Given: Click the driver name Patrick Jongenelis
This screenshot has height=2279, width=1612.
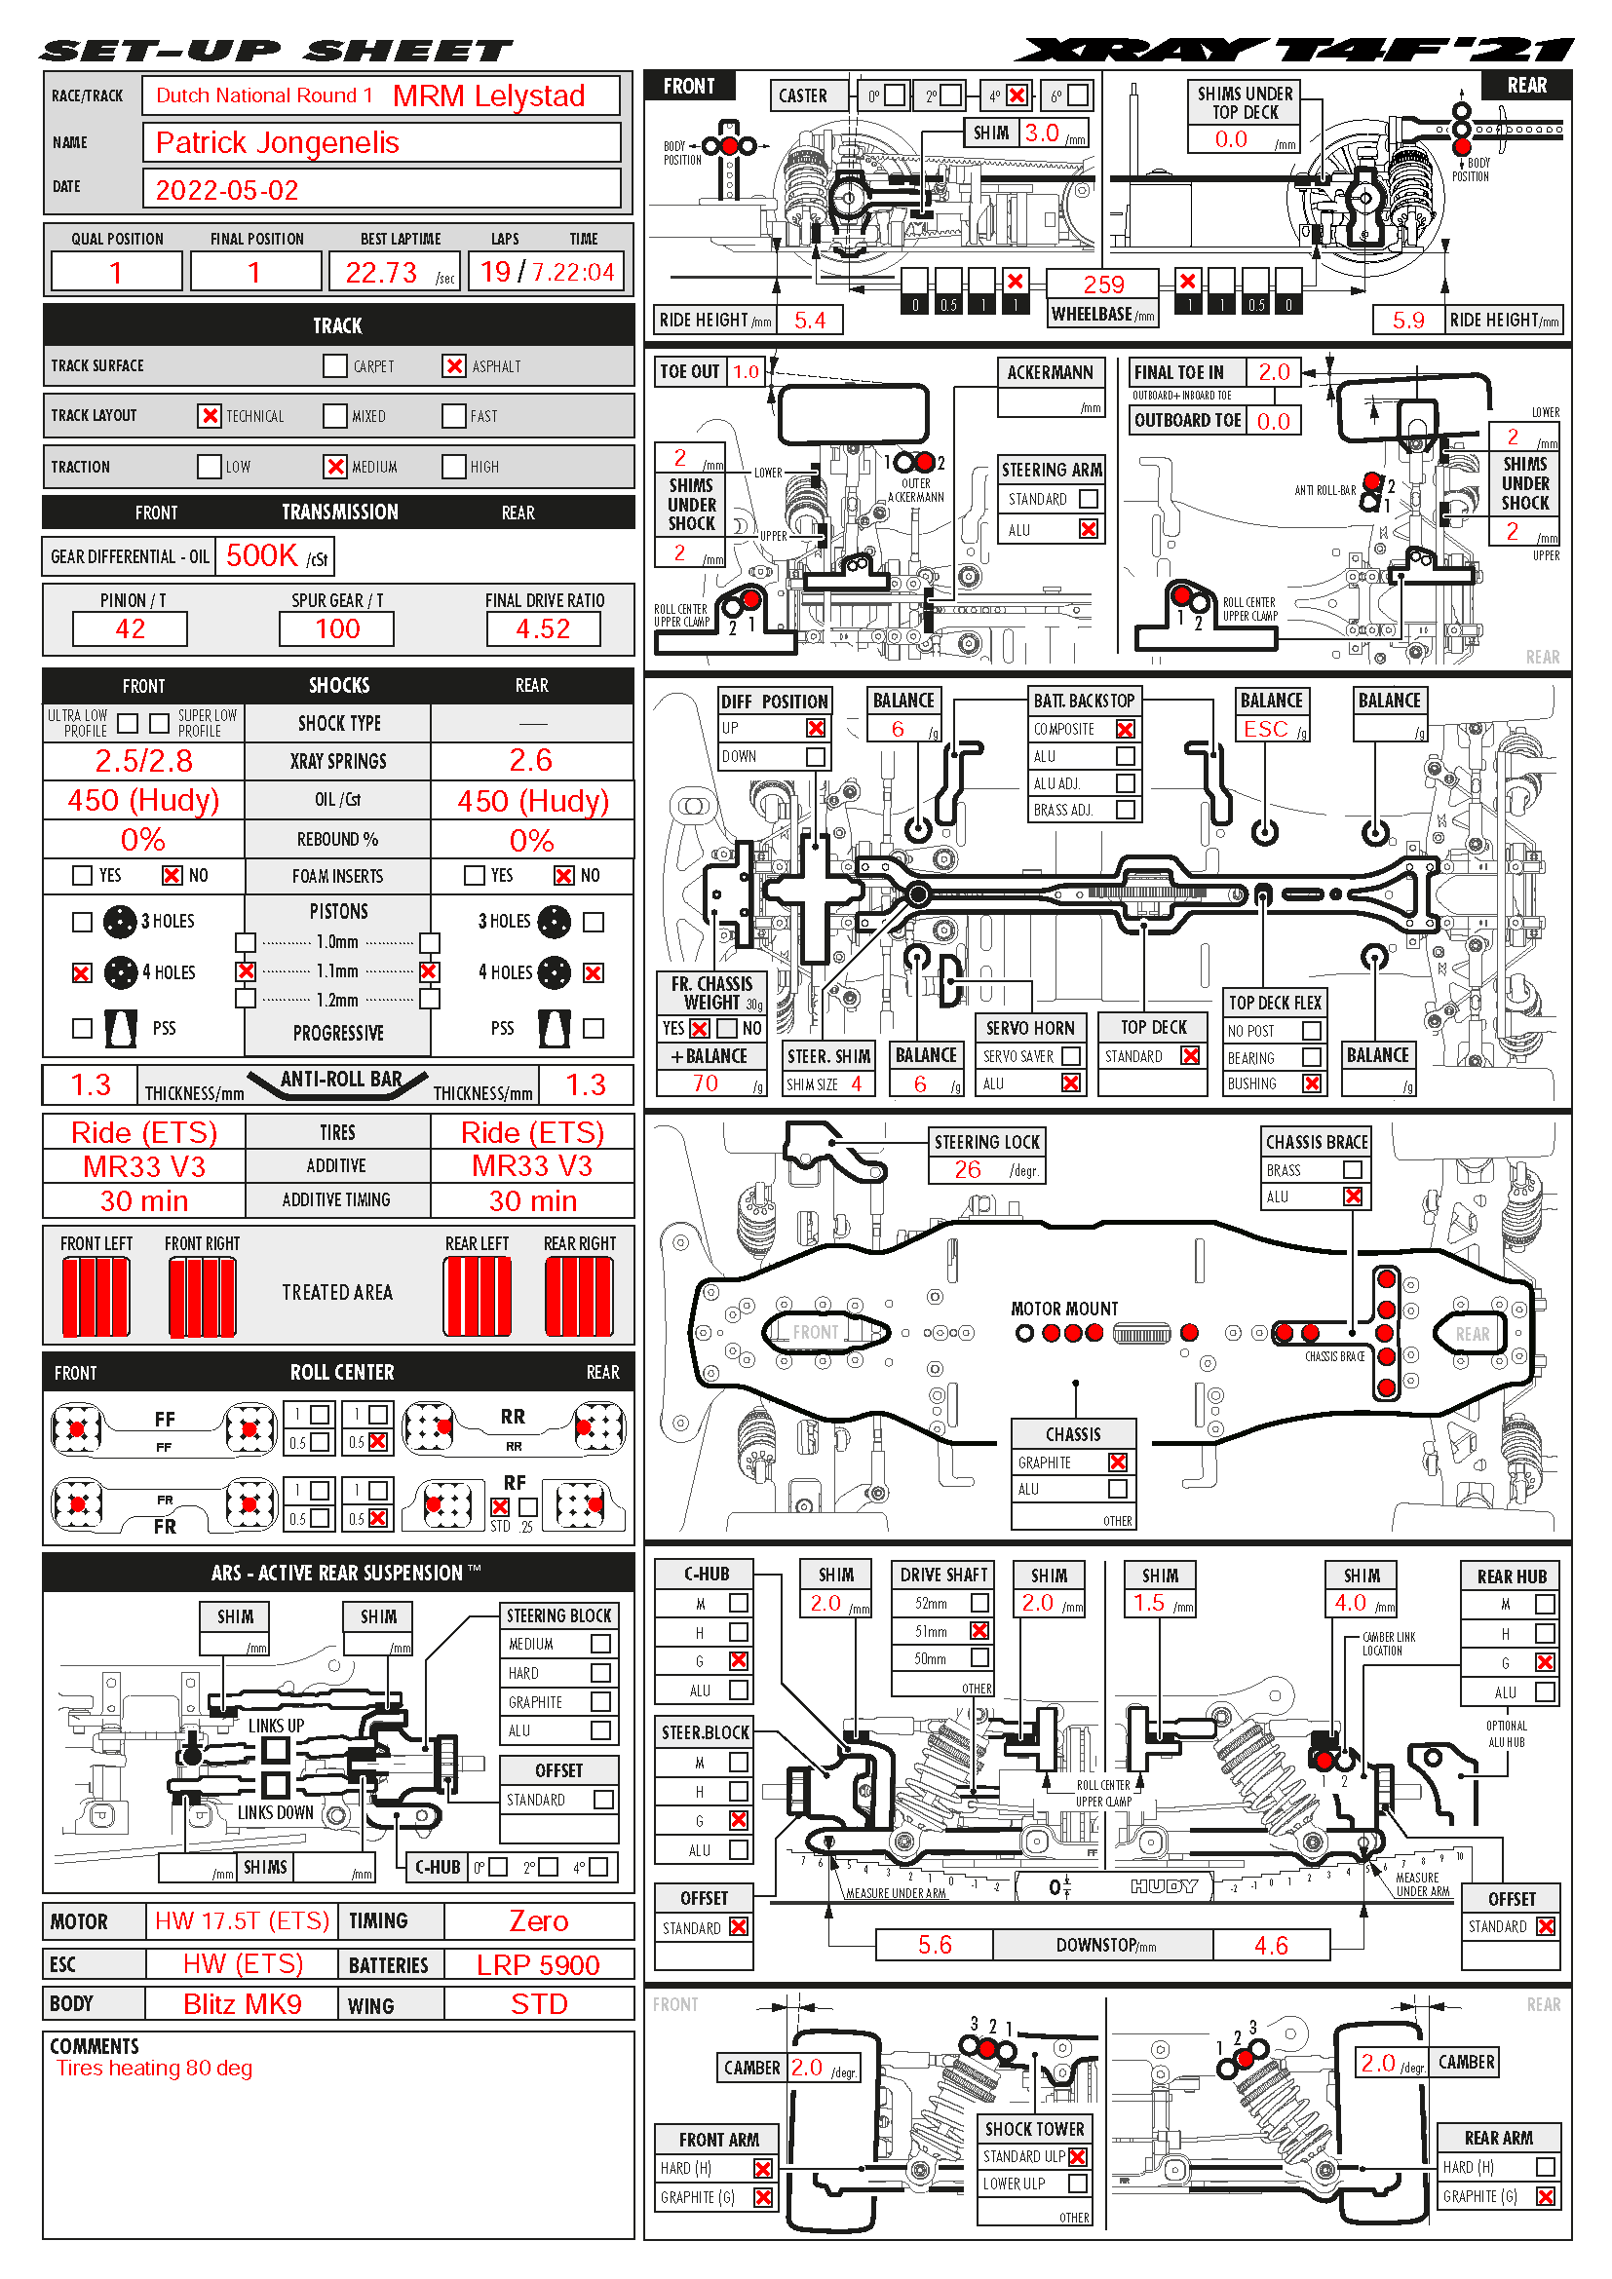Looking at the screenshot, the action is (x=277, y=143).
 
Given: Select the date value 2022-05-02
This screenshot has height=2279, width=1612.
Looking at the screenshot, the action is (x=226, y=190).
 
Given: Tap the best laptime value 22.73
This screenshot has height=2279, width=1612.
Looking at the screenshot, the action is (x=381, y=272).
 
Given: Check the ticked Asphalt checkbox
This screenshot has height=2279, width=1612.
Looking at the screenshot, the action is (x=453, y=365).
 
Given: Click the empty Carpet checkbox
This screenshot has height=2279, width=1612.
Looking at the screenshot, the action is (x=334, y=365).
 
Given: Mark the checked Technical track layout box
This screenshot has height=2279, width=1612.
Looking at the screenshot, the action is (x=210, y=415).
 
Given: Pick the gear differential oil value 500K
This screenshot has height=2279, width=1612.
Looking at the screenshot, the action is (x=262, y=554).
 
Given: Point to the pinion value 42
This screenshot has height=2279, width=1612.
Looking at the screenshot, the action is (x=130, y=628).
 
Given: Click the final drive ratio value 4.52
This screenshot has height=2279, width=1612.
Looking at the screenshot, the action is (x=543, y=628).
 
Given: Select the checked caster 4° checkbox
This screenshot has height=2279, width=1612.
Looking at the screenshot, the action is (x=1017, y=95).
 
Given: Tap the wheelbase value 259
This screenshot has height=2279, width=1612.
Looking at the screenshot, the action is (x=1104, y=284).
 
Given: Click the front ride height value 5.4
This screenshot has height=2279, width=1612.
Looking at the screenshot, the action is (x=810, y=320).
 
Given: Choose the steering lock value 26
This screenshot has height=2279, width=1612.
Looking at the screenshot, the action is (x=967, y=1169).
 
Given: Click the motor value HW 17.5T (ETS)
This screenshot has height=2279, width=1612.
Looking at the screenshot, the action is (x=243, y=1920).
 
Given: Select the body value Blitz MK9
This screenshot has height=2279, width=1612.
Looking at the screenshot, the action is (x=243, y=2003).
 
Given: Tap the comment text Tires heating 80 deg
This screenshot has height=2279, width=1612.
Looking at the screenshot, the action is (x=154, y=2068).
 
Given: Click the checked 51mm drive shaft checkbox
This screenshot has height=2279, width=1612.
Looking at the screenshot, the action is (x=979, y=1630).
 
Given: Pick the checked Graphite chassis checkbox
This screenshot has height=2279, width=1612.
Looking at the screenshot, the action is (x=1118, y=1462).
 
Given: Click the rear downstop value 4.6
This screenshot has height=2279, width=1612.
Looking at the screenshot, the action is (x=1271, y=1945).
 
